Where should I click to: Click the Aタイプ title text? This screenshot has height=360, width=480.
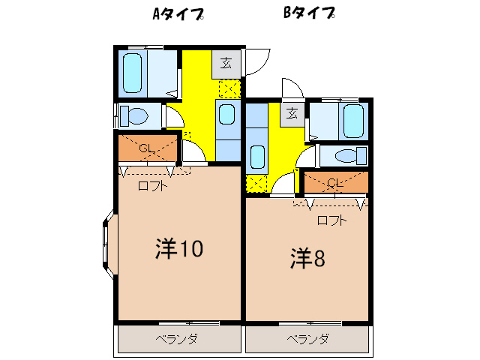click(x=178, y=14)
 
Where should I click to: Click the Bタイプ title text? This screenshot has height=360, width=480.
click(x=308, y=13)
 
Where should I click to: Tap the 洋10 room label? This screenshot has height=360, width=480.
click(x=178, y=249)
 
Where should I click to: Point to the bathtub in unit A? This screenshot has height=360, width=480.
click(x=133, y=72)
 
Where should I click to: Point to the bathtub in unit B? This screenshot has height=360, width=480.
click(x=352, y=120)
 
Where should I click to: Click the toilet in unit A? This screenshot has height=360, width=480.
click(x=136, y=115)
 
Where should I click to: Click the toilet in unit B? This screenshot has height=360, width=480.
click(x=346, y=156)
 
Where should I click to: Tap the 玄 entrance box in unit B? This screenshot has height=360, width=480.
click(x=291, y=114)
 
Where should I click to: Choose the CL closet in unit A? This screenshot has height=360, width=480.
click(x=148, y=148)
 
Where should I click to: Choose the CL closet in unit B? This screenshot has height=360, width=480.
click(x=335, y=183)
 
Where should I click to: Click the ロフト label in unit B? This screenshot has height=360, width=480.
click(x=331, y=220)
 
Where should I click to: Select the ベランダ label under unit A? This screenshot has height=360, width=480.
click(x=177, y=339)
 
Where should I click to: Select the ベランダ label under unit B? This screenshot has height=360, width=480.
click(x=307, y=339)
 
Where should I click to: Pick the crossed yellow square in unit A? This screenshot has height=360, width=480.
click(x=228, y=90)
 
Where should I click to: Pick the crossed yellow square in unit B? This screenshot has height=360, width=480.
click(x=256, y=183)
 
